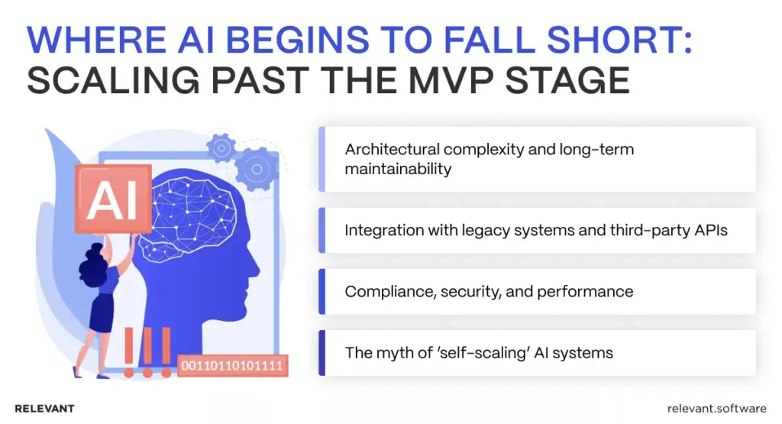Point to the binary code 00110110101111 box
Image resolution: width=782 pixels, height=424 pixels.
(231, 366)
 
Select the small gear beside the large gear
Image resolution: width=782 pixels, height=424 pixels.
(221, 146)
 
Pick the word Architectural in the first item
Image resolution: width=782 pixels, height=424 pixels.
(393, 149)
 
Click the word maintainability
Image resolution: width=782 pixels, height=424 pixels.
(397, 168)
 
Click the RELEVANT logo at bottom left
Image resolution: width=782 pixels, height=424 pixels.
(44, 409)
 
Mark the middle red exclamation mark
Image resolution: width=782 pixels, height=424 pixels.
(147, 351)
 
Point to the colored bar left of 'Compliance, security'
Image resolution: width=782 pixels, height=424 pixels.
(322, 291)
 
